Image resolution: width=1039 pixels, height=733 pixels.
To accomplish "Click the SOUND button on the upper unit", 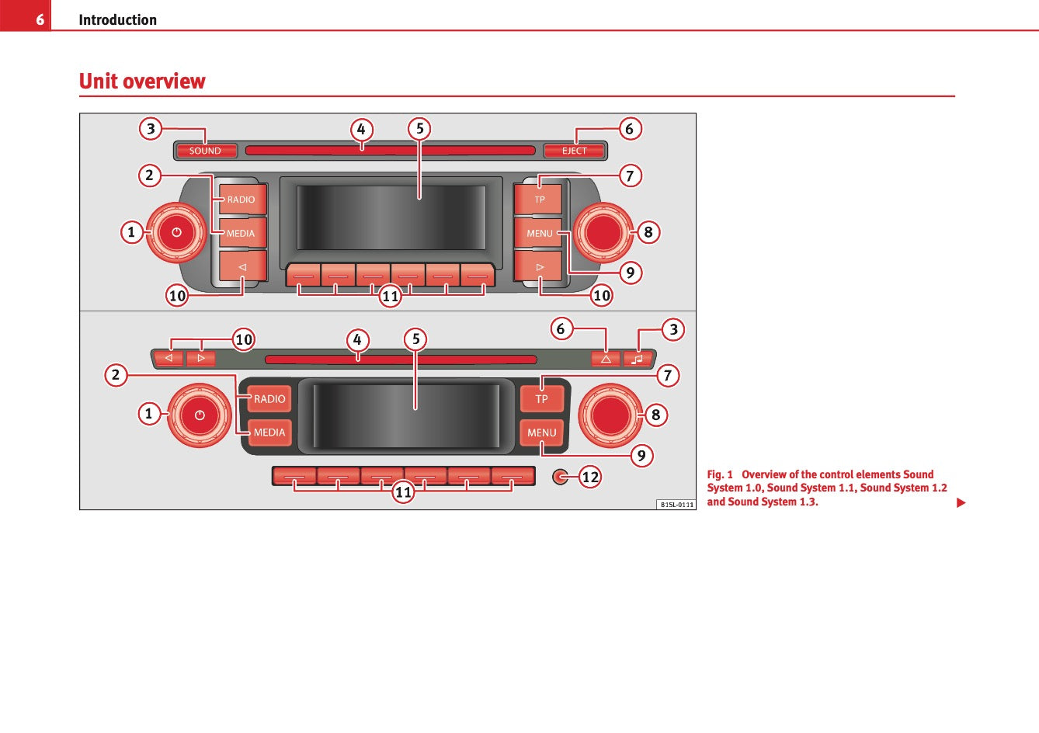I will (x=205, y=151).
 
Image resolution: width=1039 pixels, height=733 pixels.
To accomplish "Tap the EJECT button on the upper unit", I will (x=575, y=151).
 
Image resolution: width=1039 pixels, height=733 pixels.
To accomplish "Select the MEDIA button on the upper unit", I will (x=242, y=233).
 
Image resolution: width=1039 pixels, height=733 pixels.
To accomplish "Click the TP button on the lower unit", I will (x=541, y=399).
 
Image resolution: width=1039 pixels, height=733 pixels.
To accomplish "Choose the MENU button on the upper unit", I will (x=540, y=233).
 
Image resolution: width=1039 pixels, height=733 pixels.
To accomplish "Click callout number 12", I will (x=590, y=477).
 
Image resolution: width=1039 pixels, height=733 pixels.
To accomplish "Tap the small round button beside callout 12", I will (x=560, y=477).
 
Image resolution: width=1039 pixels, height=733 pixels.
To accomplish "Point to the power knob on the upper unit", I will (x=176, y=232).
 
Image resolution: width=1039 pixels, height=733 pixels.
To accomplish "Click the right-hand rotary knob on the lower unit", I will (x=611, y=415).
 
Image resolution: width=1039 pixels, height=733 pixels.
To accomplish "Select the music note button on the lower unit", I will (x=638, y=359).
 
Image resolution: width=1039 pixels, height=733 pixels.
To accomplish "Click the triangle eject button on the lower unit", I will (x=606, y=359).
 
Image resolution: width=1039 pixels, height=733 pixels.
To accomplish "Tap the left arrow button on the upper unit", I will (x=242, y=266).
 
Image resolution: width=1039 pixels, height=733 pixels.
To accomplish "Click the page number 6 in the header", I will (x=40, y=19).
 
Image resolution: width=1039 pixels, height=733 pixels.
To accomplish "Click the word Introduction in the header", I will (x=117, y=19).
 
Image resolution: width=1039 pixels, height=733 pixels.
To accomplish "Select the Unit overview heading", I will (x=142, y=82).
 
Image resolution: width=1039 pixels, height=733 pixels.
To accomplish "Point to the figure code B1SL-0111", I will (x=676, y=505).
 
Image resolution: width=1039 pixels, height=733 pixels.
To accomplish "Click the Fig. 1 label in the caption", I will (x=719, y=474).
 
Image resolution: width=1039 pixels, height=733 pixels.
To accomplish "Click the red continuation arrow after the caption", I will (x=961, y=503).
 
